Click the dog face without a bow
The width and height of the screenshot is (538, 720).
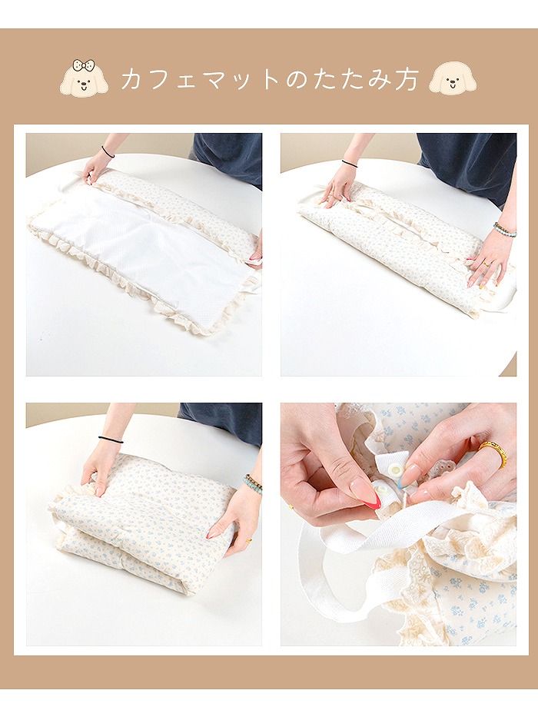[x=453, y=78]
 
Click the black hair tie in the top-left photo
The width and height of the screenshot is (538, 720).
[x=108, y=152]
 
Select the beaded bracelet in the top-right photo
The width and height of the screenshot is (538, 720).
[x=505, y=229]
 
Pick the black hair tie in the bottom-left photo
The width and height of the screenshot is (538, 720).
[x=111, y=440]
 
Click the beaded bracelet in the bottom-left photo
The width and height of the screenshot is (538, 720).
[x=253, y=483]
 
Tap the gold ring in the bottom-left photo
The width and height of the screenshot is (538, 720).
[x=248, y=540]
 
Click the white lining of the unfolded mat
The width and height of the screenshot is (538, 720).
[x=151, y=244]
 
